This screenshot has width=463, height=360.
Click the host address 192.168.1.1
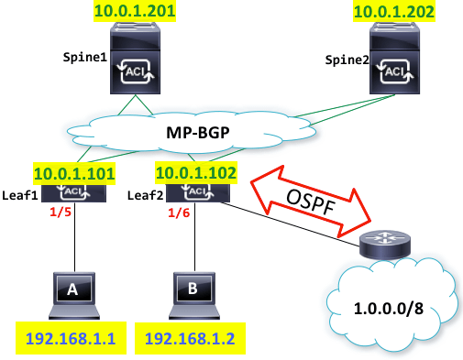[x=63, y=338]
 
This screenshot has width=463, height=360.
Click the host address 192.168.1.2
[x=189, y=338]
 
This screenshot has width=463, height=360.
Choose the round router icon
[x=377, y=244]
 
